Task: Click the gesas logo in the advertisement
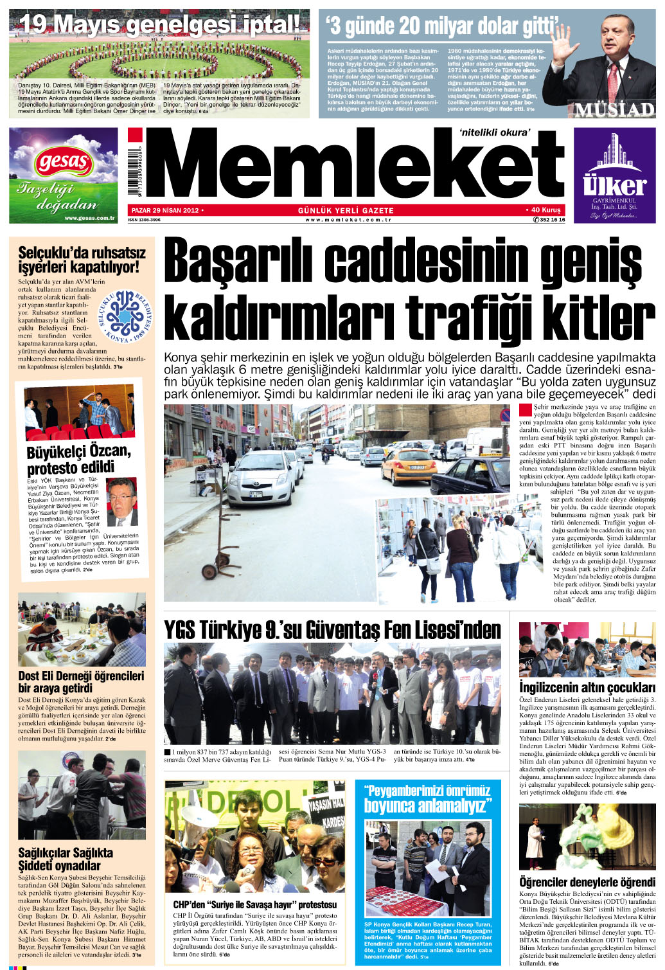pyautogui.click(x=63, y=161)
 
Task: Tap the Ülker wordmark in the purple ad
pyautogui.click(x=614, y=185)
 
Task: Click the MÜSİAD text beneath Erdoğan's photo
pyautogui.click(x=614, y=109)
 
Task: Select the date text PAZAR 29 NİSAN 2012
pyautogui.click(x=166, y=210)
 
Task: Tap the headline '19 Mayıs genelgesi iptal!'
pyautogui.click(x=159, y=25)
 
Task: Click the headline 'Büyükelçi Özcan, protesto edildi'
pyautogui.click(x=78, y=459)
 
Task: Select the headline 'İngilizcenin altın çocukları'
pyautogui.click(x=587, y=688)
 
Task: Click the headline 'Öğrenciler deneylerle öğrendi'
pyautogui.click(x=587, y=882)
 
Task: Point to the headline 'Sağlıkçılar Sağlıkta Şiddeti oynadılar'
pyautogui.click(x=66, y=859)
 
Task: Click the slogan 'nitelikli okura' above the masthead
pyautogui.click(x=494, y=133)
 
